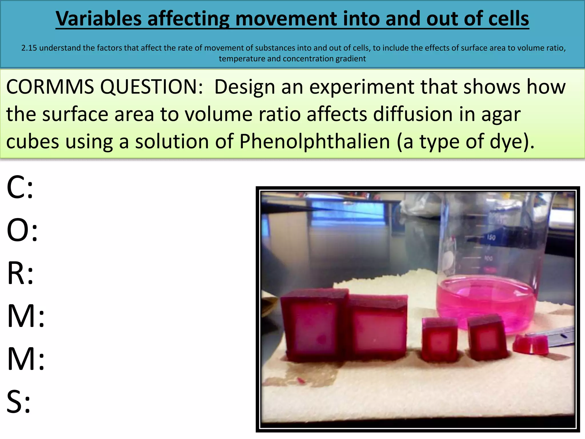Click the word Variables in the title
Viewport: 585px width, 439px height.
[99, 19]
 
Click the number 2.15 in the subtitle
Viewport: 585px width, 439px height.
[29, 48]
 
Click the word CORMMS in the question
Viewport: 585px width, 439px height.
[50, 87]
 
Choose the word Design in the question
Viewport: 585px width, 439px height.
[245, 87]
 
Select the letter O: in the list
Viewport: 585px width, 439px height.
[22, 230]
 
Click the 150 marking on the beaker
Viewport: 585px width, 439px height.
[491, 237]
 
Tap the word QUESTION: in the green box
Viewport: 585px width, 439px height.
[151, 87]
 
